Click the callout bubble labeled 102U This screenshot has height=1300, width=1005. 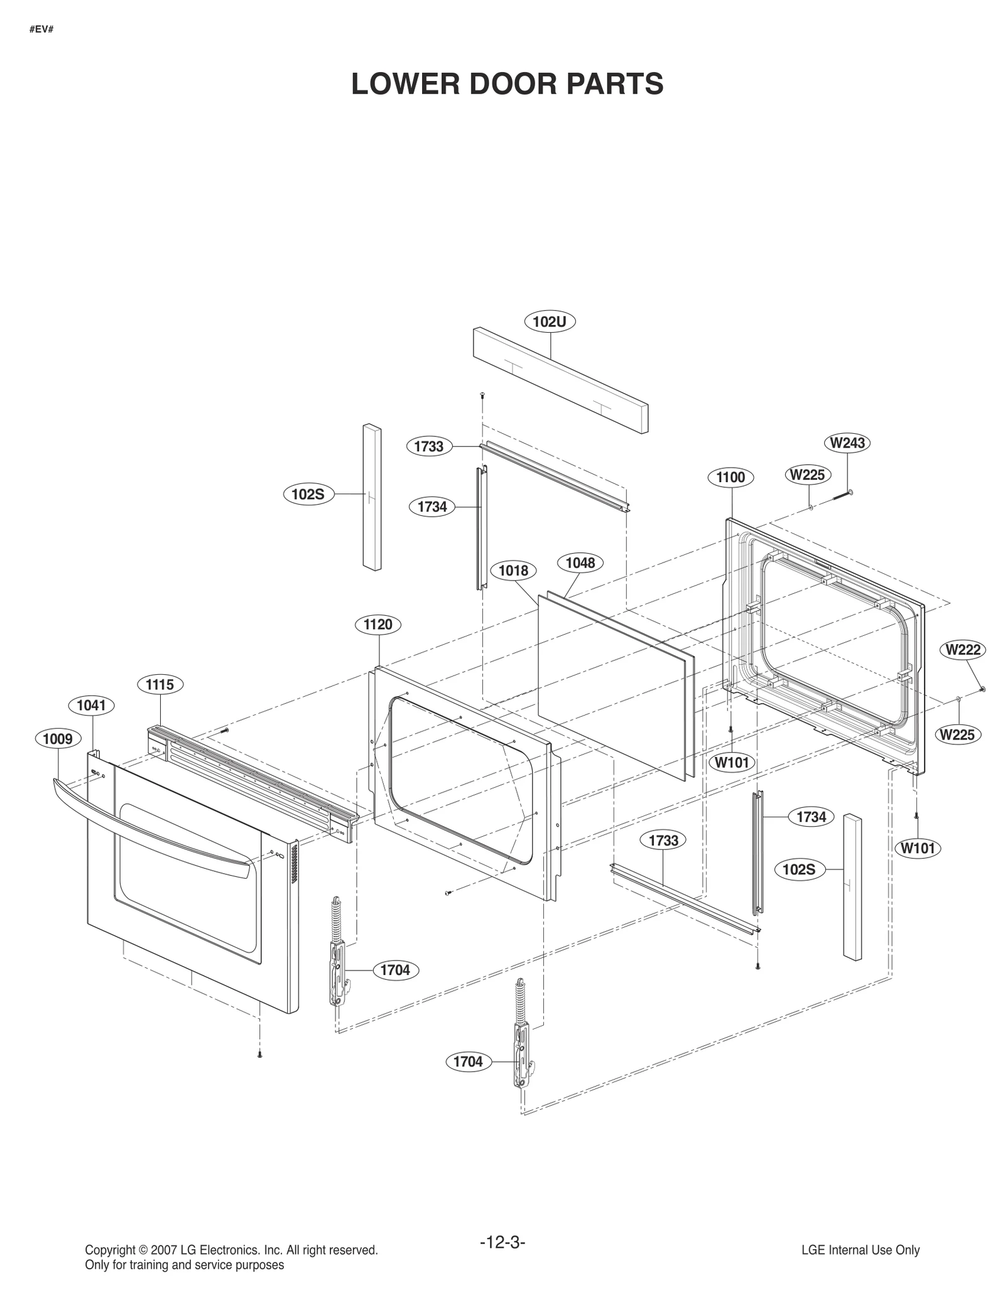tap(550, 321)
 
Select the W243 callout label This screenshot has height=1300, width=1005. tap(847, 443)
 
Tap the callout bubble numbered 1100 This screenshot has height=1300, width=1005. tap(731, 477)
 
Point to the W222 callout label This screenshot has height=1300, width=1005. tap(963, 650)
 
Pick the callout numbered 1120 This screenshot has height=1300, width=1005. tap(378, 625)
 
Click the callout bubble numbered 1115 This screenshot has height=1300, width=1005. tap(160, 684)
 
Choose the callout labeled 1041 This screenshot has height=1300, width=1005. tap(92, 706)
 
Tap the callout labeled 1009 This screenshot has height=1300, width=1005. tap(58, 739)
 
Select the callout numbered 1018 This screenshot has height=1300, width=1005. tap(513, 571)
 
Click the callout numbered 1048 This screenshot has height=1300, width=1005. tap(580, 562)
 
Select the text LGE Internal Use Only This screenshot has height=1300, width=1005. tap(861, 1250)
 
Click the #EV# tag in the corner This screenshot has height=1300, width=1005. tap(41, 30)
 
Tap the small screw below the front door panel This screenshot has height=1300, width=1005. tap(259, 1055)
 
